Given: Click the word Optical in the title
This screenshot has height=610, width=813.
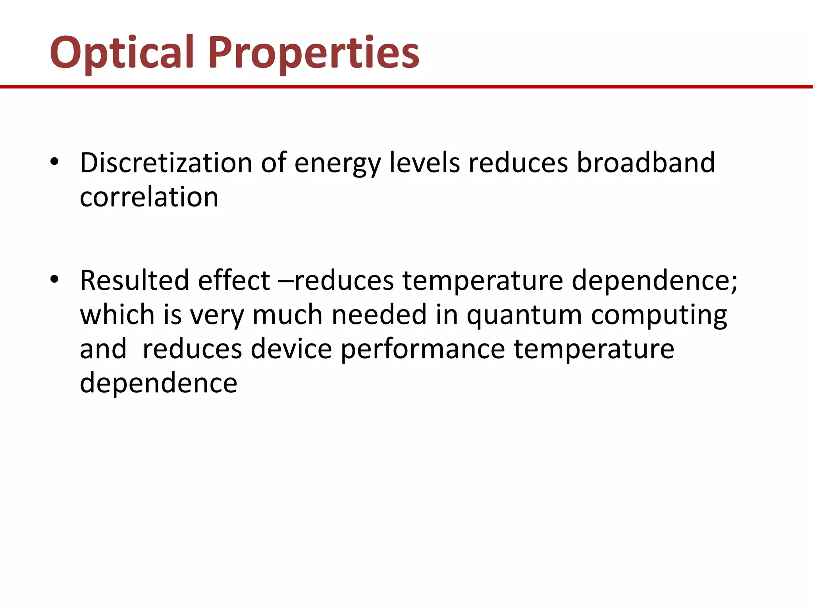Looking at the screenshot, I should (x=121, y=52).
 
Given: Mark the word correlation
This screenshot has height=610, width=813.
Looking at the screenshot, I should (x=149, y=197).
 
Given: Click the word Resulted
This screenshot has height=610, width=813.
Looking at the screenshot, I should (x=135, y=280).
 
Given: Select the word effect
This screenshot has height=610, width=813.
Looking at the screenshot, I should (x=234, y=280).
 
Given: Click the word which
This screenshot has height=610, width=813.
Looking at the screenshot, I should (x=117, y=315).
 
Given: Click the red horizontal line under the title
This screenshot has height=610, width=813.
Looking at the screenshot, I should (x=406, y=87).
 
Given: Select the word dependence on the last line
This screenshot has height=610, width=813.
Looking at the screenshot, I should (x=158, y=383).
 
